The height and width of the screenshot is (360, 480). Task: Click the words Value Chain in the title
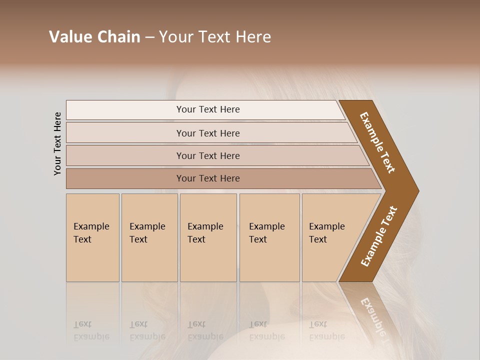click(94, 37)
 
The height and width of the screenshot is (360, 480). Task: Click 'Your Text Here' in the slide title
click(215, 37)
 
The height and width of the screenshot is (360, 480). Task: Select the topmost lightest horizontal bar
click(125, 110)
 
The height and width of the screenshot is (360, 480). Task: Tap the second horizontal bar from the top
click(125, 133)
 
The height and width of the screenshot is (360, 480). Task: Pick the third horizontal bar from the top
click(125, 155)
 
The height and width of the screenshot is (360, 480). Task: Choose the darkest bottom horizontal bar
click(125, 178)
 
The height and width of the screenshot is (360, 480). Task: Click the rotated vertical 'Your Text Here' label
click(57, 143)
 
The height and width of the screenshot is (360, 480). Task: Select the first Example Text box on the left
click(92, 237)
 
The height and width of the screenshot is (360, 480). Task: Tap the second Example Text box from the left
click(149, 237)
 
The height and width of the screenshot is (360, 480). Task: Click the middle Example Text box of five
click(208, 237)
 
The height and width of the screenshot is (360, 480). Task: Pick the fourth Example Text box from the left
click(269, 237)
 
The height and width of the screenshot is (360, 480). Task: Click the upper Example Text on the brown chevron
click(377, 142)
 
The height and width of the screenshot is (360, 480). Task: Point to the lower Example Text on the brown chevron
click(379, 236)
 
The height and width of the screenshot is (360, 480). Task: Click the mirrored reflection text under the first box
click(91, 330)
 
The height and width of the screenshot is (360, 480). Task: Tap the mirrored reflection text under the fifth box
click(326, 330)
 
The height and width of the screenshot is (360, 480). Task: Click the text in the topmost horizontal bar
click(208, 109)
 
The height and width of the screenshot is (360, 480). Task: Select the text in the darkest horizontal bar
click(208, 178)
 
